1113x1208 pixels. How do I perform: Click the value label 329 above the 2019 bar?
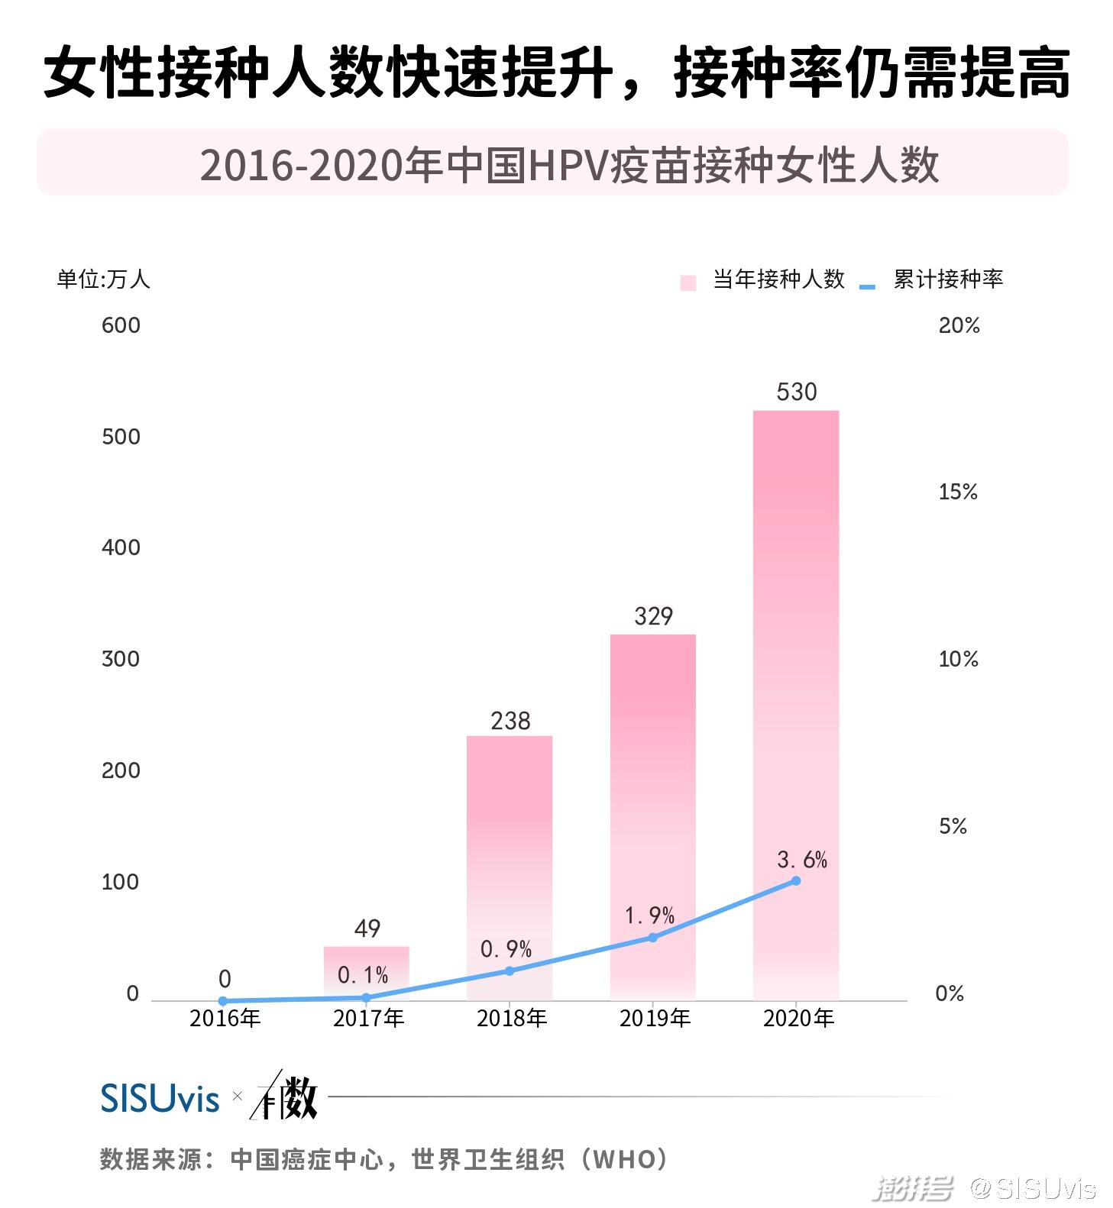pyautogui.click(x=653, y=615)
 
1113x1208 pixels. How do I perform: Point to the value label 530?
pyautogui.click(x=796, y=392)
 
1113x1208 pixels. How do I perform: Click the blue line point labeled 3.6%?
pyautogui.click(x=795, y=880)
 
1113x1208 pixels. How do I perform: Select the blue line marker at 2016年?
pyautogui.click(x=223, y=1000)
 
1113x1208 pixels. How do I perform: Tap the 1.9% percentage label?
pyautogui.click(x=649, y=915)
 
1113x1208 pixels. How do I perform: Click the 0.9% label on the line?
pyautogui.click(x=506, y=949)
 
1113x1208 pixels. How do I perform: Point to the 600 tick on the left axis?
pyautogui.click(x=121, y=325)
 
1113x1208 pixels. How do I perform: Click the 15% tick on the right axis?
pyautogui.click(x=957, y=492)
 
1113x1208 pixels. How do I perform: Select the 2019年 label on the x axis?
pyautogui.click(x=655, y=1019)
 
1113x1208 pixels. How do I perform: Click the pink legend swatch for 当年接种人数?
pyautogui.click(x=688, y=283)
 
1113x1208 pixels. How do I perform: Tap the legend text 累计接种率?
pyautogui.click(x=947, y=279)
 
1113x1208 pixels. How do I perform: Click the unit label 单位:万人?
pyautogui.click(x=103, y=279)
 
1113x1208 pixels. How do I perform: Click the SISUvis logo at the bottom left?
pyautogui.click(x=160, y=1098)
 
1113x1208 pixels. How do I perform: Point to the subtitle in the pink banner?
pyautogui.click(x=569, y=165)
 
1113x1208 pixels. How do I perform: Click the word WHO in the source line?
pyautogui.click(x=624, y=1159)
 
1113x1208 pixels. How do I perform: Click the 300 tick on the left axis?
pyautogui.click(x=121, y=659)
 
